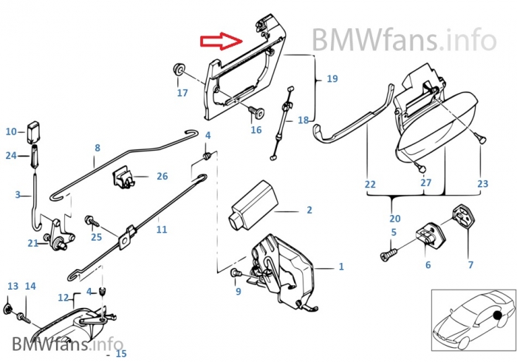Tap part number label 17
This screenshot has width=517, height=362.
[x=182, y=93]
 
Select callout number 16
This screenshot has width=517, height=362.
[x=256, y=130]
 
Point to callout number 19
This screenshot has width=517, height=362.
[x=332, y=78]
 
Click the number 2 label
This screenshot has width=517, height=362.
[x=309, y=211]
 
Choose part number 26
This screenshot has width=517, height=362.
[x=162, y=177]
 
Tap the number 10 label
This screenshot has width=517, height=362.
[x=11, y=132]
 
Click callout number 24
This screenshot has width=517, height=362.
[x=11, y=156]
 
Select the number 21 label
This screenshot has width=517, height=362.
[x=32, y=243]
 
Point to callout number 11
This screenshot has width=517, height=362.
[x=162, y=230]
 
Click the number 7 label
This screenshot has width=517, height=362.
[x=470, y=264]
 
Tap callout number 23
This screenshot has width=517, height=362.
[x=482, y=183]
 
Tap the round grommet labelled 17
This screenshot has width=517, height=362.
[x=178, y=70]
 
